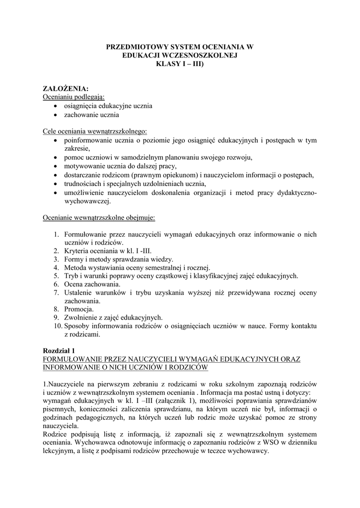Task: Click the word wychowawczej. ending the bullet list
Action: tap(88, 201)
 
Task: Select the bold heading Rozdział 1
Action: tap(59, 350)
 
